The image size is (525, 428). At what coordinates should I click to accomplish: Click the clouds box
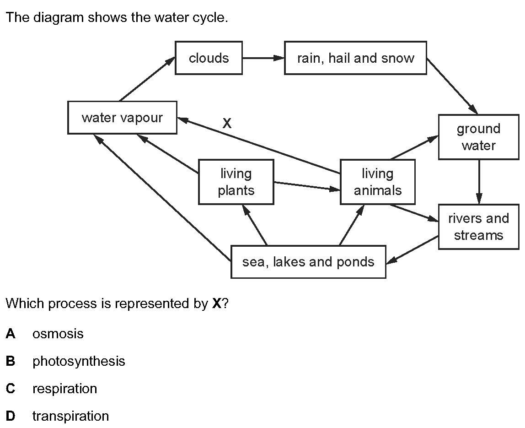[x=209, y=58]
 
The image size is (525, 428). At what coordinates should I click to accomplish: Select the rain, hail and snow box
[x=355, y=58]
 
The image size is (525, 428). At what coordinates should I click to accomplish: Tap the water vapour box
[x=122, y=118]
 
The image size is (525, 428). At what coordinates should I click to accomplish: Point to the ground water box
[x=478, y=137]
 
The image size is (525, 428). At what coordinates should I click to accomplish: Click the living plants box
[x=236, y=182]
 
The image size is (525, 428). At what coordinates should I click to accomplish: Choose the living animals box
[x=378, y=182]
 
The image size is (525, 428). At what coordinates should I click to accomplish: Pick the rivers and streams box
[x=478, y=227]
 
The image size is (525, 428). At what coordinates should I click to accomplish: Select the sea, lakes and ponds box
[x=308, y=262]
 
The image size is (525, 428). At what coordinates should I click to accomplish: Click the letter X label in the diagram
[x=227, y=123]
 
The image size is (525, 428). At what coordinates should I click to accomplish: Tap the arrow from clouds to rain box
[x=263, y=58]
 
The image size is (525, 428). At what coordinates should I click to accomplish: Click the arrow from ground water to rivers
[x=479, y=182]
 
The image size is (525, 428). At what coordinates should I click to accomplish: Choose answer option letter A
[x=11, y=334]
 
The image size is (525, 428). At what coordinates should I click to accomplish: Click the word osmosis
[x=58, y=334]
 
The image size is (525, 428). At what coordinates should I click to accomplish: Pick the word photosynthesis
[x=78, y=361]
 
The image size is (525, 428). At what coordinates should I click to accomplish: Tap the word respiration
[x=64, y=389]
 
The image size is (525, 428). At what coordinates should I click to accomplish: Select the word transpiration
[x=70, y=416]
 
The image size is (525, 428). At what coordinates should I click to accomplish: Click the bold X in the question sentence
[x=217, y=303]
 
